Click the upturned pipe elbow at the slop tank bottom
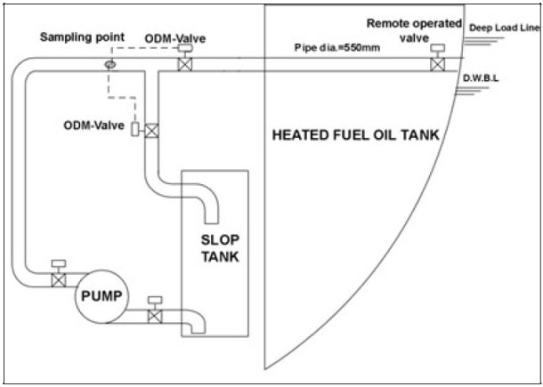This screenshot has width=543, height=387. coord(198,322)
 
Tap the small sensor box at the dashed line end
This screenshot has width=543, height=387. coord(135,130)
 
